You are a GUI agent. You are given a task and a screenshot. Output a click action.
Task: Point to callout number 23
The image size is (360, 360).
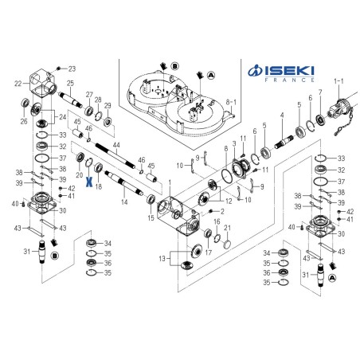point(71,68)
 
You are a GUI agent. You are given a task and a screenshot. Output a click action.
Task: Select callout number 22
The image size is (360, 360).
point(18,83)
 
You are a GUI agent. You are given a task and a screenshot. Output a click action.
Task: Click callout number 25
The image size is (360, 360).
point(71,83)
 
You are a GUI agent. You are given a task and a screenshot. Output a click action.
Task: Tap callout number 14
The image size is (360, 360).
point(123,202)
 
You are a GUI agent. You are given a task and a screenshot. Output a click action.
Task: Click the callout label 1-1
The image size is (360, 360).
point(339,80)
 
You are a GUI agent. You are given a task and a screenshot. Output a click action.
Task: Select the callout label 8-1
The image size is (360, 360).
point(232,103)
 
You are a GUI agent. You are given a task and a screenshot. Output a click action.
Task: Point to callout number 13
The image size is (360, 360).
point(162,260)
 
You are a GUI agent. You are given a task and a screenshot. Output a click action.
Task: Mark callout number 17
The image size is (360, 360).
point(209,252)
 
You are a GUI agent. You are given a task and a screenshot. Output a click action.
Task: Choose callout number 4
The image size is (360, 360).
point(281,116)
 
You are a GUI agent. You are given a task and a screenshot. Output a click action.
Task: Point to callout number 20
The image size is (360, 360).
point(80,174)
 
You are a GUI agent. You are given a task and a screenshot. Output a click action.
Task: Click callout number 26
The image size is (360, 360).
point(25,122)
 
